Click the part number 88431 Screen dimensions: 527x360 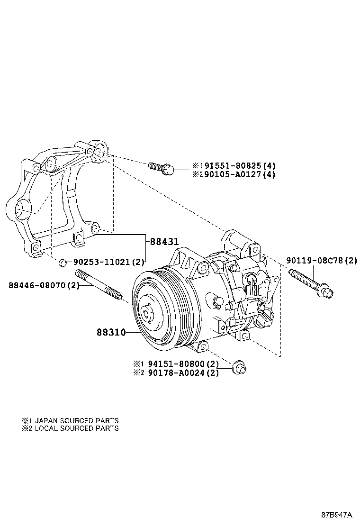point(164,241)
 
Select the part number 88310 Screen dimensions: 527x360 point(112,333)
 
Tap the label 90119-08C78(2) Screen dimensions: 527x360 point(321,261)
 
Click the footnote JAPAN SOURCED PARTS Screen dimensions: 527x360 point(77,420)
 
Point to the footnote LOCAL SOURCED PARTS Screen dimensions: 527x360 point(77,428)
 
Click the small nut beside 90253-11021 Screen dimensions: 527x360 point(62,262)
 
